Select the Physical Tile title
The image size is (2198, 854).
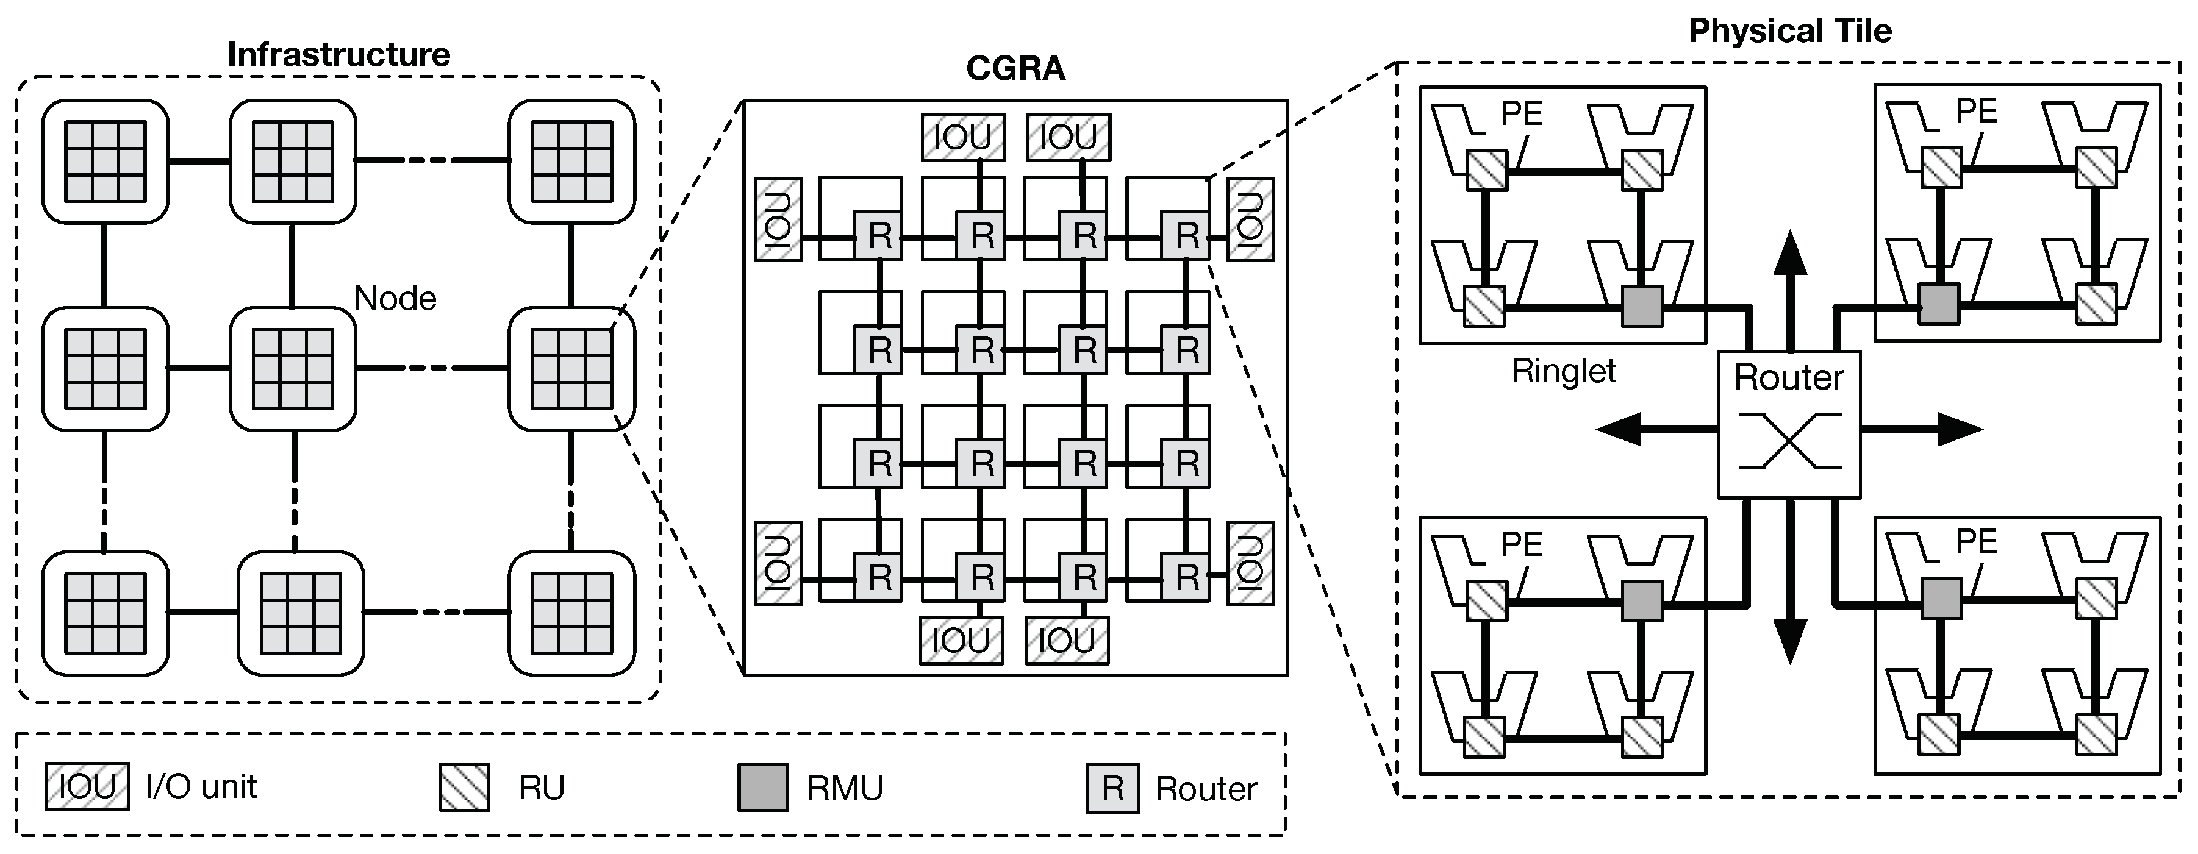(1789, 30)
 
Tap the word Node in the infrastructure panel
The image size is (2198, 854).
(395, 299)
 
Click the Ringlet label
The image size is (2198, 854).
(1563, 371)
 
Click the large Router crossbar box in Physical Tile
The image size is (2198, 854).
(1788, 424)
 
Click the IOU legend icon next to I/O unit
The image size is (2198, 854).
(87, 786)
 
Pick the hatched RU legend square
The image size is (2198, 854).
(464, 786)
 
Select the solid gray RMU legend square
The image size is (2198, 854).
(762, 786)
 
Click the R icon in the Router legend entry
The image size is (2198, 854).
(1112, 788)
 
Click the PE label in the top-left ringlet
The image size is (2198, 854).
(1522, 113)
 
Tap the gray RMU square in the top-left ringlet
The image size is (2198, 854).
(1642, 305)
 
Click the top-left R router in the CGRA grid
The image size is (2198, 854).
(878, 235)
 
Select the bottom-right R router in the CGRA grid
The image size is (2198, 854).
(1186, 578)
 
